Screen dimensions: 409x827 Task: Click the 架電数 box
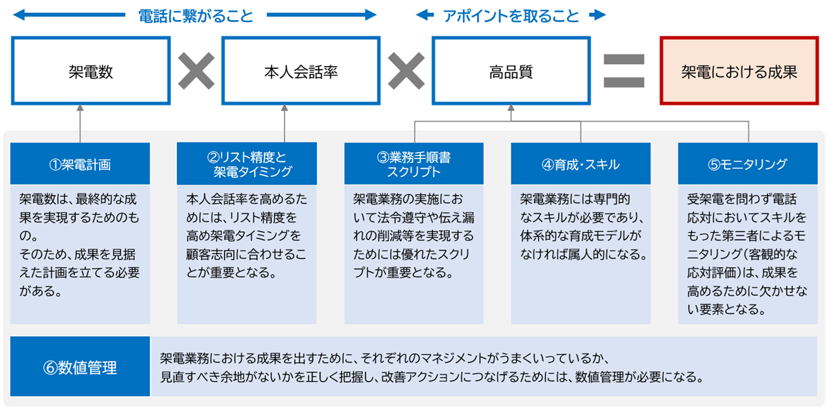click(90, 72)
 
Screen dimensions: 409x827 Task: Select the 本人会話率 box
click(300, 72)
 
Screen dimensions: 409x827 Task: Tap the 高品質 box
click(511, 72)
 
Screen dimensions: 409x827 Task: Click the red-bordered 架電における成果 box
click(739, 72)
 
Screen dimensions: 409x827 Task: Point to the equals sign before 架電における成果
click(624, 71)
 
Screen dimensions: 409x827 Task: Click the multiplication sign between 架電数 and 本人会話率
click(196, 71)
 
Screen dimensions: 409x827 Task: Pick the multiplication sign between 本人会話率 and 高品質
click(406, 71)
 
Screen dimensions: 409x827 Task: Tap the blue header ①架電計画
click(80, 164)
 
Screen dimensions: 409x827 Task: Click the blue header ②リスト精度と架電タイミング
click(247, 164)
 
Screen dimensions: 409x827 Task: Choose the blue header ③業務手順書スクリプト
click(413, 164)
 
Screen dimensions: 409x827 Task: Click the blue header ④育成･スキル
click(580, 164)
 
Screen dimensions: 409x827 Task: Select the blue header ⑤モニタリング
click(748, 164)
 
